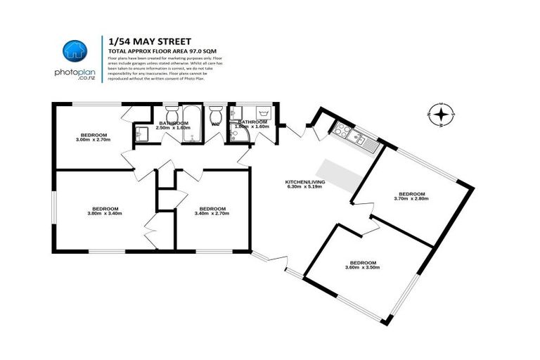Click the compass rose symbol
tap(441, 113)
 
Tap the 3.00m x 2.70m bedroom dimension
tap(94, 140)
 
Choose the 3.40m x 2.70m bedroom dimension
tap(212, 213)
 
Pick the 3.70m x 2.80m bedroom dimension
tap(412, 198)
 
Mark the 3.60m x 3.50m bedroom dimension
tap(363, 267)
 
